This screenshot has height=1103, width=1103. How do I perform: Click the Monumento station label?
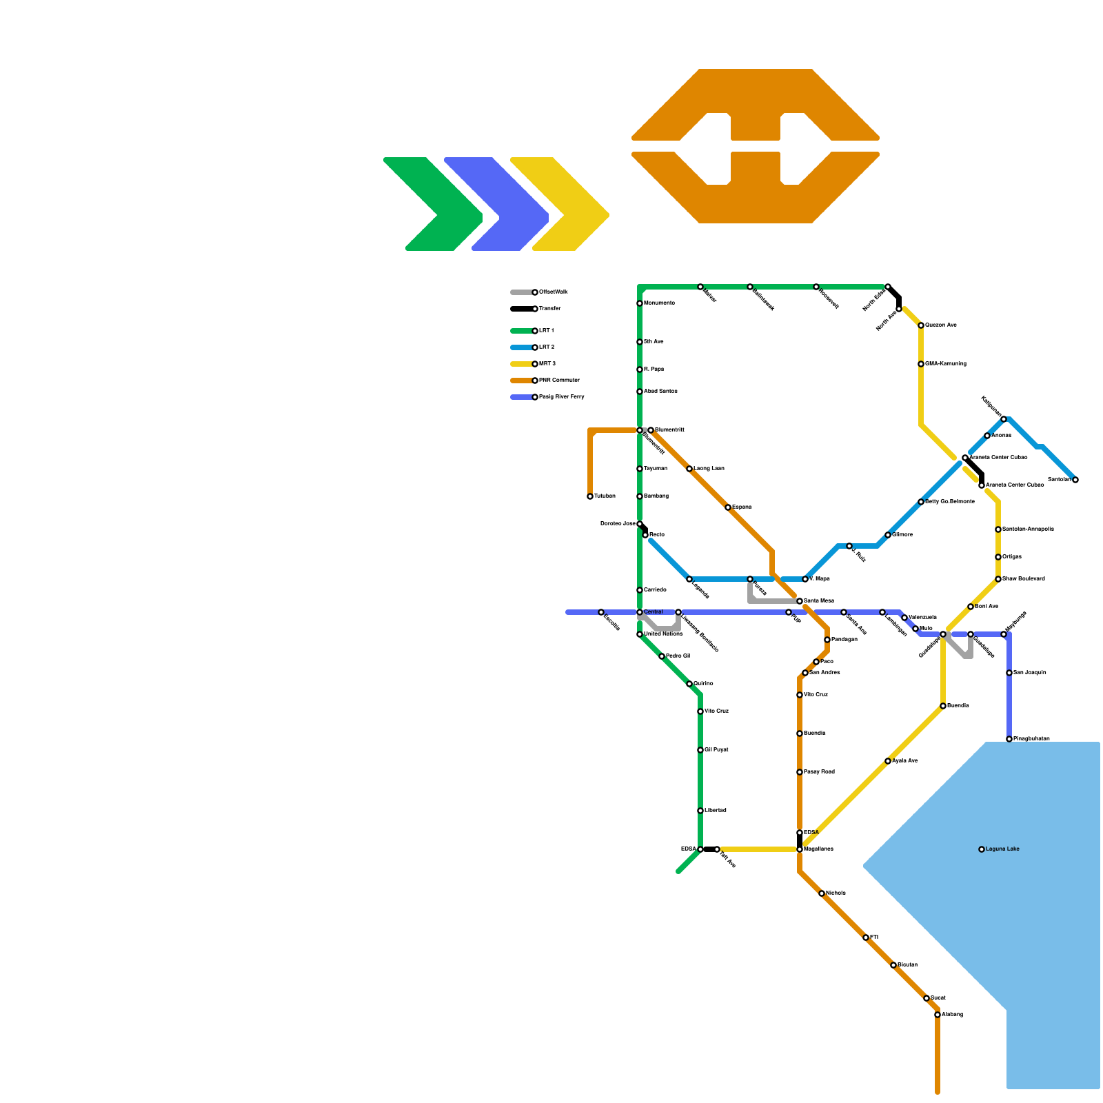(659, 303)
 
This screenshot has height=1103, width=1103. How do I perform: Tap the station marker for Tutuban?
(590, 496)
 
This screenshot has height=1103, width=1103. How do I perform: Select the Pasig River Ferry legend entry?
(561, 397)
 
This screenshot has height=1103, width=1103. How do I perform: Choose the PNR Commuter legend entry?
(559, 381)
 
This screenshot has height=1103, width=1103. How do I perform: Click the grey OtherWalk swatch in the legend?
(521, 292)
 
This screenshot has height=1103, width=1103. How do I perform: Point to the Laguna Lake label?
(1002, 849)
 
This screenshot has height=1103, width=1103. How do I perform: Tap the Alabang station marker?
(938, 1015)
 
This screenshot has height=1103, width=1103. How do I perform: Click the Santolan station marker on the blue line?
(1075, 480)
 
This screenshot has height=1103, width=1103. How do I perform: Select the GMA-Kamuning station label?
(945, 364)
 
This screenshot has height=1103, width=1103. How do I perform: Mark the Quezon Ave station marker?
(921, 325)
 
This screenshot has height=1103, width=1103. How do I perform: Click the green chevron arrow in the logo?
(434, 204)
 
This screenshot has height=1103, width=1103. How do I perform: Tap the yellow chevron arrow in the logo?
(562, 204)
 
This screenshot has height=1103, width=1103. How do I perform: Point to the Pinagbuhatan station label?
(1031, 739)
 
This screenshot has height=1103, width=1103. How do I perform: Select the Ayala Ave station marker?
(888, 761)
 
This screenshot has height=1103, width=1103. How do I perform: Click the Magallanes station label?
(818, 849)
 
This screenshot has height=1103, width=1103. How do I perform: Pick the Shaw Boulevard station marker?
(998, 579)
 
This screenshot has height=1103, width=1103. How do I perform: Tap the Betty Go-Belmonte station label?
(949, 502)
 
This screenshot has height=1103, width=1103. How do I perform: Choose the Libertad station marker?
(700, 811)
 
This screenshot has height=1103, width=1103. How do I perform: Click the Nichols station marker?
(822, 893)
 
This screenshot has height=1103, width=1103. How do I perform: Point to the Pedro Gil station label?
(678, 656)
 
